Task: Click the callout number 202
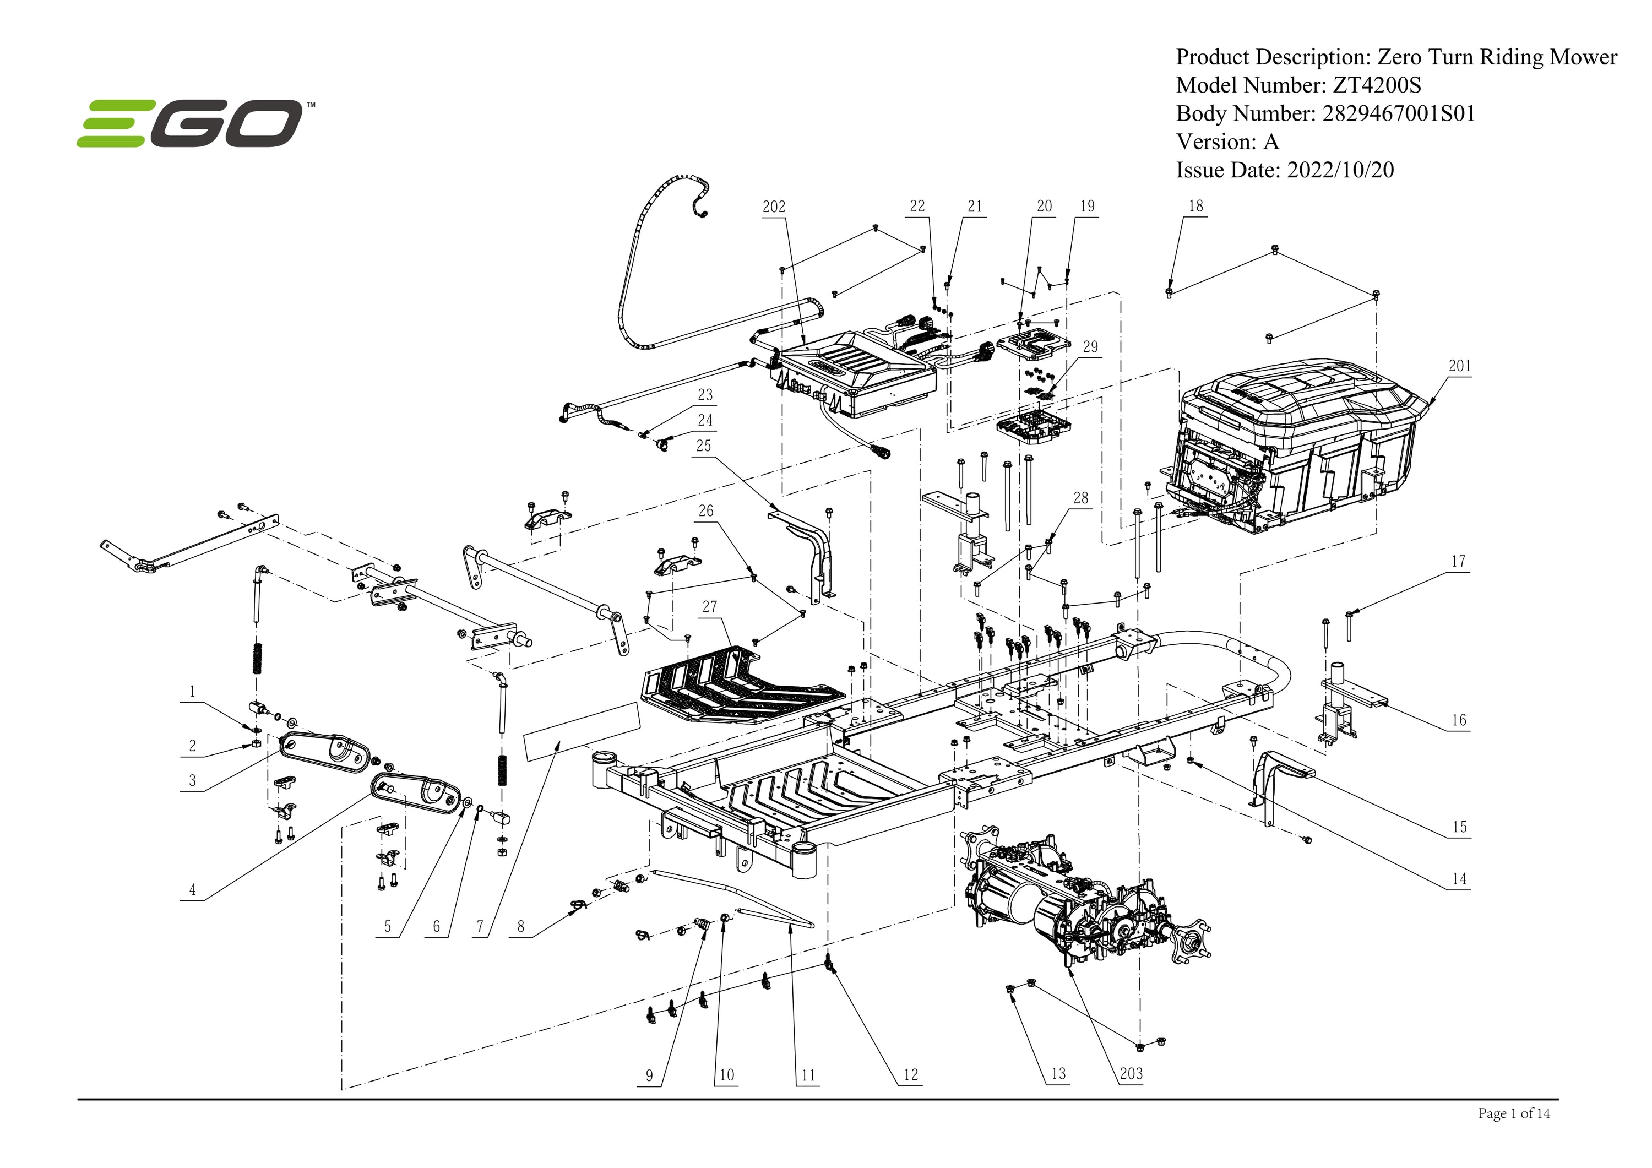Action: [774, 207]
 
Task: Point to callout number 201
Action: [1459, 366]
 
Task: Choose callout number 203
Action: [1131, 1074]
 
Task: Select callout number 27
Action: [709, 607]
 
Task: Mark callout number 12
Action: [910, 1075]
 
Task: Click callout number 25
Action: [704, 446]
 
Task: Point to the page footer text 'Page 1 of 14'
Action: [1514, 1114]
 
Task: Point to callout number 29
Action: [1091, 347]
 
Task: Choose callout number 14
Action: [1459, 879]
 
